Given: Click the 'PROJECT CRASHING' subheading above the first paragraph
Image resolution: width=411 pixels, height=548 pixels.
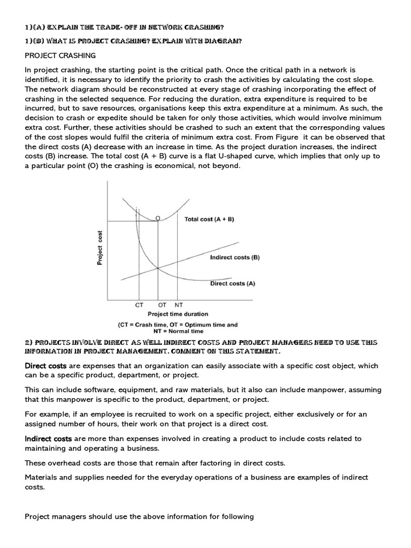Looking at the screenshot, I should point(60,55).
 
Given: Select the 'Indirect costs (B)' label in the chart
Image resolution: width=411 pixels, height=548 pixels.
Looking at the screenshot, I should point(234,257).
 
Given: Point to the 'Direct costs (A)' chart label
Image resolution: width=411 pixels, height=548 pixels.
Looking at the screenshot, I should point(232,284).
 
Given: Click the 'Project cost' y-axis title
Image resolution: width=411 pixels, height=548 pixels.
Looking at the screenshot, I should point(100,248).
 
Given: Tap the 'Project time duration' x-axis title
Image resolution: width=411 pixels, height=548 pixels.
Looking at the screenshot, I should point(178,314).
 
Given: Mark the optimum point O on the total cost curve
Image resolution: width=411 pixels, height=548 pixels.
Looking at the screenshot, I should point(157,218).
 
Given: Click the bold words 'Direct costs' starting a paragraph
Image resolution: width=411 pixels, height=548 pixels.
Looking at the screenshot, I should point(45,366).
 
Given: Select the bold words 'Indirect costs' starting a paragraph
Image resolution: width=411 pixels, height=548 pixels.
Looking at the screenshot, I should point(48,438).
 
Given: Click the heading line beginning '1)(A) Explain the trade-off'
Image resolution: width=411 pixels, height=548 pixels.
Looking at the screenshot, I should point(124,27).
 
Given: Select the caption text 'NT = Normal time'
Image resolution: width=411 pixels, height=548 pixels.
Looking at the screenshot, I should point(177,332).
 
